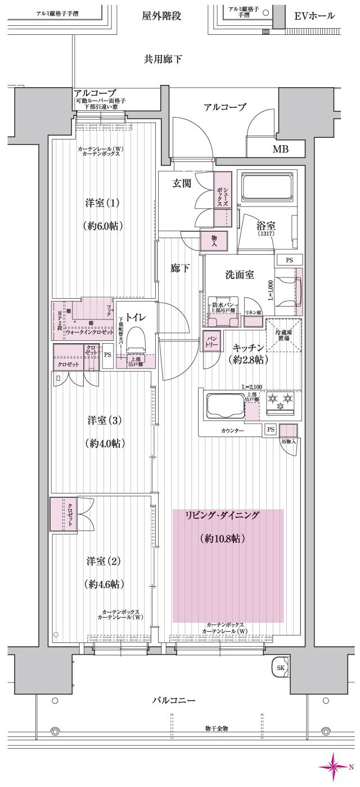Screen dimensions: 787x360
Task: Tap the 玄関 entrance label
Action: point(182,184)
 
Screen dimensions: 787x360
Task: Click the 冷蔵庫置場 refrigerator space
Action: point(283,335)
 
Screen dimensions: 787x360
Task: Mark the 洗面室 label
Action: point(239,275)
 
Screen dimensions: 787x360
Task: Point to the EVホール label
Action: point(314,16)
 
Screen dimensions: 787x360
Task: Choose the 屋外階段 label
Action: point(161,16)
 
